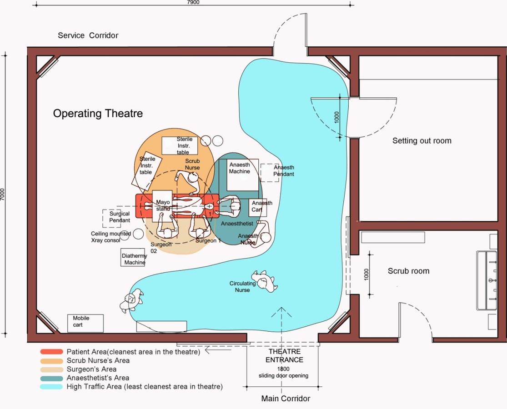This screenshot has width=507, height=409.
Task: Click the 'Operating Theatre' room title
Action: (x=98, y=113)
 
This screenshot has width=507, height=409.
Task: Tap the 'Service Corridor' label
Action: (x=88, y=35)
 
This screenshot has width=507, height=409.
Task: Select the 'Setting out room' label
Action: (x=422, y=141)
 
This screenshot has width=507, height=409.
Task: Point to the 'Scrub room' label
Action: (x=408, y=271)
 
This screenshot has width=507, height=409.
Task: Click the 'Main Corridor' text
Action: (x=286, y=399)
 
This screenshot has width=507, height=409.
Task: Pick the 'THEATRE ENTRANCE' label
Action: (x=285, y=356)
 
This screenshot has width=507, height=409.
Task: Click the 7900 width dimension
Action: (x=193, y=2)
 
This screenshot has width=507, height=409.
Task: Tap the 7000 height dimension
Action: (x=3, y=195)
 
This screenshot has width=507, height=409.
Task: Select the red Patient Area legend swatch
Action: (x=51, y=352)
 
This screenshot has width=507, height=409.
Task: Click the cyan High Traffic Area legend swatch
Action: (x=51, y=387)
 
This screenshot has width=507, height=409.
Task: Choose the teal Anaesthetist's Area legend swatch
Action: (x=51, y=378)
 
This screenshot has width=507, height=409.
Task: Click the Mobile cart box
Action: (x=85, y=323)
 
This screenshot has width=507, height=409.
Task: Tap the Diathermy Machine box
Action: (x=133, y=258)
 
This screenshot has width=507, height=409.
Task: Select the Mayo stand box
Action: (x=162, y=206)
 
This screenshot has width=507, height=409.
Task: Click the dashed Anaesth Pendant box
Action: (x=270, y=173)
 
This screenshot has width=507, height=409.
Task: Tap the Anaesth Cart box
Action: (x=258, y=207)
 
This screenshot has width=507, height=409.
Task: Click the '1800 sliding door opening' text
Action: (x=284, y=373)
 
